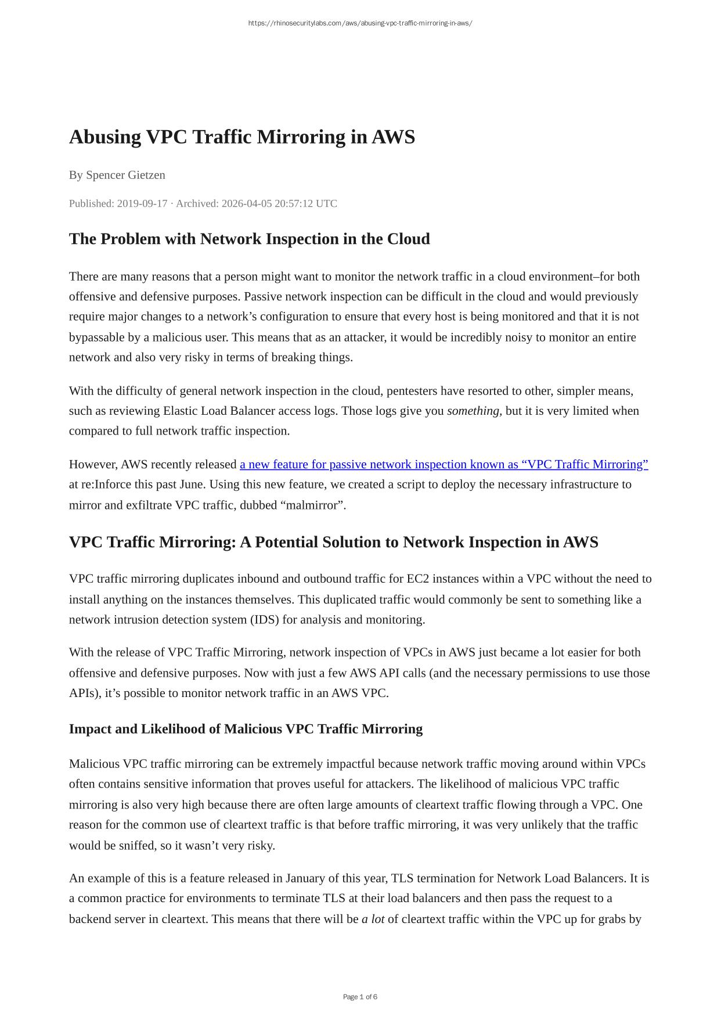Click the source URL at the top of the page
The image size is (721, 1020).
pos(360,23)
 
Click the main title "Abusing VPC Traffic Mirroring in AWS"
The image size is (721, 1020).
pos(241,137)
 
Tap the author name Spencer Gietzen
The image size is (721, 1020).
pos(125,175)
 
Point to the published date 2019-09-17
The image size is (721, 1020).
pos(142,203)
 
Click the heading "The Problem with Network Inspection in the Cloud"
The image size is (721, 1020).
pos(249,239)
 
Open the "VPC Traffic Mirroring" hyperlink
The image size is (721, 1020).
pos(444,464)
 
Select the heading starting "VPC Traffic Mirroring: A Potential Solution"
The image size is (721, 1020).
pos(333,542)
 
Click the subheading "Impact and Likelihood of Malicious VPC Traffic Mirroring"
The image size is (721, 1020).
pos(246,729)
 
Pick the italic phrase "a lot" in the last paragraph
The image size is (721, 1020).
pos(373,919)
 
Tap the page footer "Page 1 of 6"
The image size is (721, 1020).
pos(360,997)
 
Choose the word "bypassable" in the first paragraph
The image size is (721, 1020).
pos(98,337)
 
